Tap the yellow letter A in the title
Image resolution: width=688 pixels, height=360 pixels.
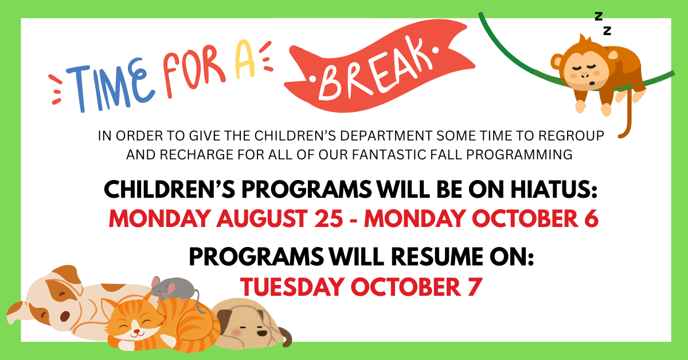click(x=245, y=59)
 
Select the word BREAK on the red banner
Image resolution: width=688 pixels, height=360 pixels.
click(x=376, y=70)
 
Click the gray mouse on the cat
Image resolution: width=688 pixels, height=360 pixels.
click(x=174, y=289)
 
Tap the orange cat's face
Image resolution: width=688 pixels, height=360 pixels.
click(x=135, y=323)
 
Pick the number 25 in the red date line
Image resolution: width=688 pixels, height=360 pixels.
click(x=329, y=219)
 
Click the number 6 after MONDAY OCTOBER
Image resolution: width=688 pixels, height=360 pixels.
click(x=591, y=219)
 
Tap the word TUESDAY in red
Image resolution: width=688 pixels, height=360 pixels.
click(x=292, y=287)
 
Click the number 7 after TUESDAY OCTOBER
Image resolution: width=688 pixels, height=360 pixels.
click(x=475, y=287)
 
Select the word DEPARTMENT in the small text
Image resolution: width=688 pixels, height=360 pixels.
click(x=386, y=136)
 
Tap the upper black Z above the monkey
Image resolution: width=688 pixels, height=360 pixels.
click(x=599, y=16)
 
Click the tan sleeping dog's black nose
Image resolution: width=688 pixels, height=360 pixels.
click(x=261, y=333)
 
